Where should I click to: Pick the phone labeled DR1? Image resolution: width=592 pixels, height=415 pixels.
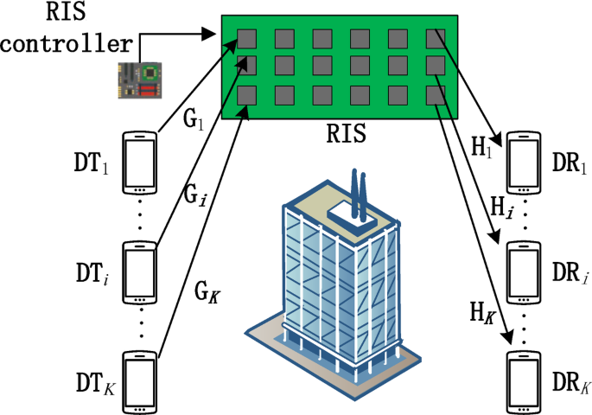(524, 162)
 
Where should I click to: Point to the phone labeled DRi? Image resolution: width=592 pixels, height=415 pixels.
(524, 271)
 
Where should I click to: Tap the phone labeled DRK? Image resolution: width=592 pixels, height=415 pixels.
(524, 380)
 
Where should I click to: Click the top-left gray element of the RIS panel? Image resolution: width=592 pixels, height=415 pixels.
(247, 37)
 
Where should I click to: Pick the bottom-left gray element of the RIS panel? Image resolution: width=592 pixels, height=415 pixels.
(247, 94)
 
